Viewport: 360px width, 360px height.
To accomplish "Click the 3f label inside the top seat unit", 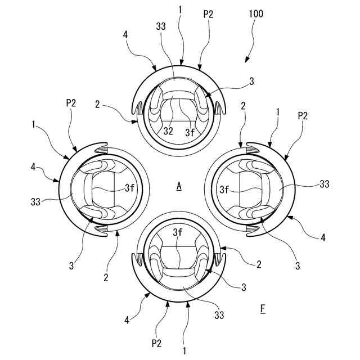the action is tap(191, 133).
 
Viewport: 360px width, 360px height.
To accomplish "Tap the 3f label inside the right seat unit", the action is tap(225, 190).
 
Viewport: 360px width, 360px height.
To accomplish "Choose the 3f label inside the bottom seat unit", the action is tap(178, 231).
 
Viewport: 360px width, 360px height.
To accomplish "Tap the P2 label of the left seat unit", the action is tap(71, 103).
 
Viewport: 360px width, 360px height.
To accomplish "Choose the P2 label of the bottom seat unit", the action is tap(157, 341).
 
